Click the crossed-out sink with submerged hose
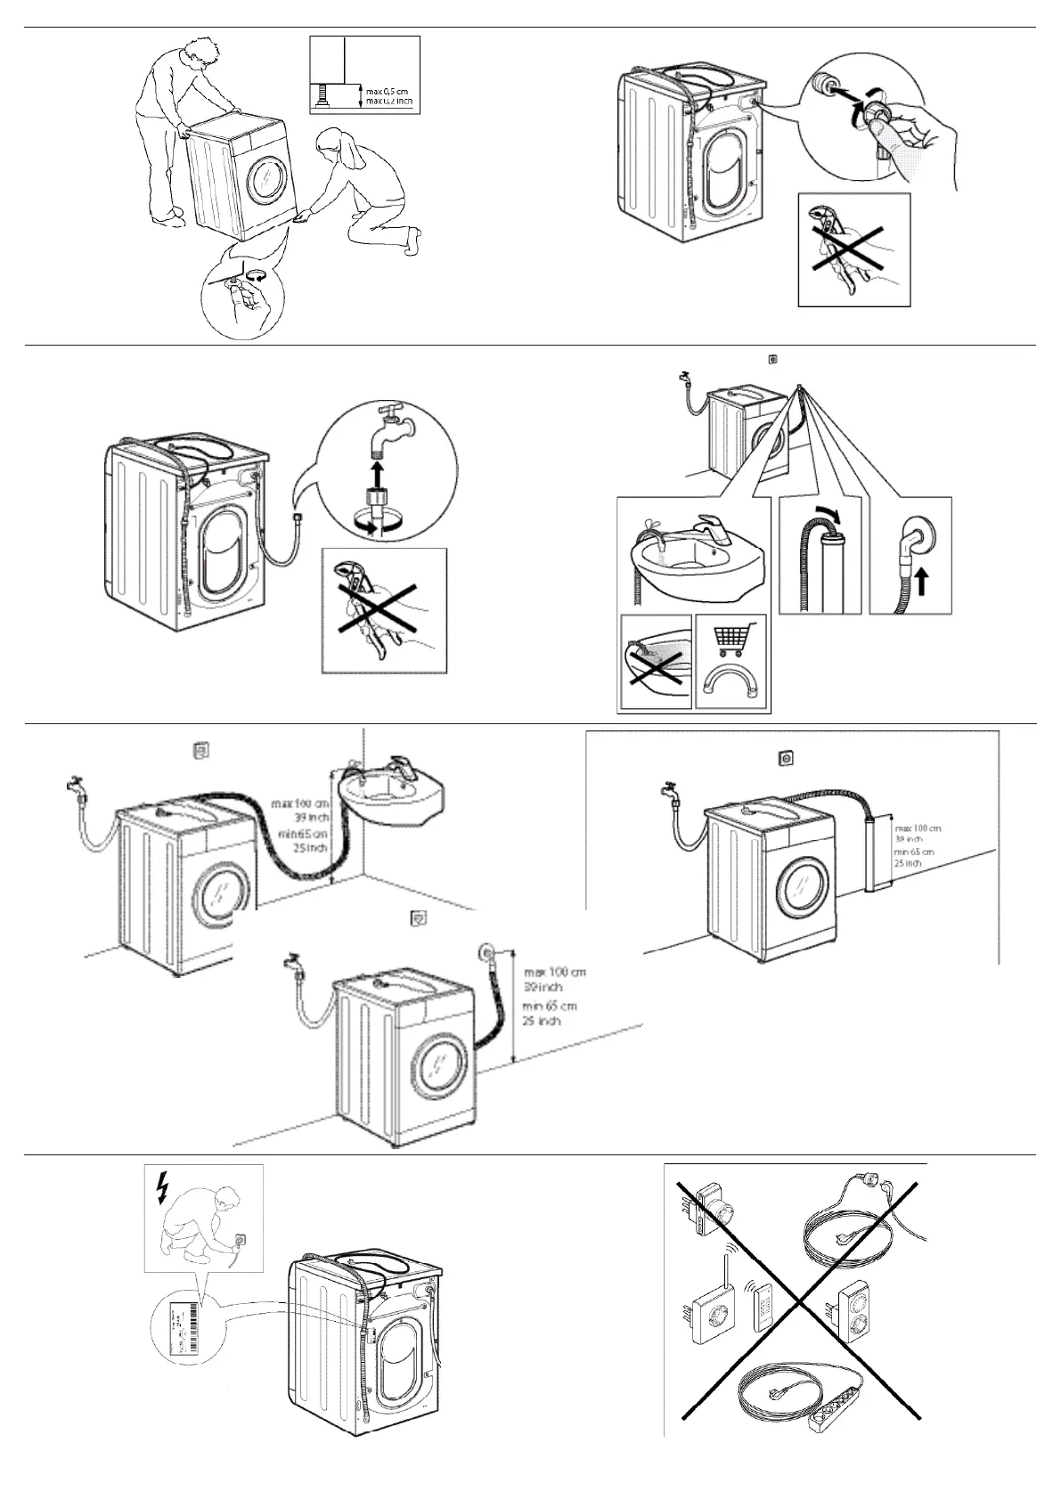(655, 662)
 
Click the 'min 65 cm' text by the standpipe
(914, 852)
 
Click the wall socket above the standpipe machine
(786, 758)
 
